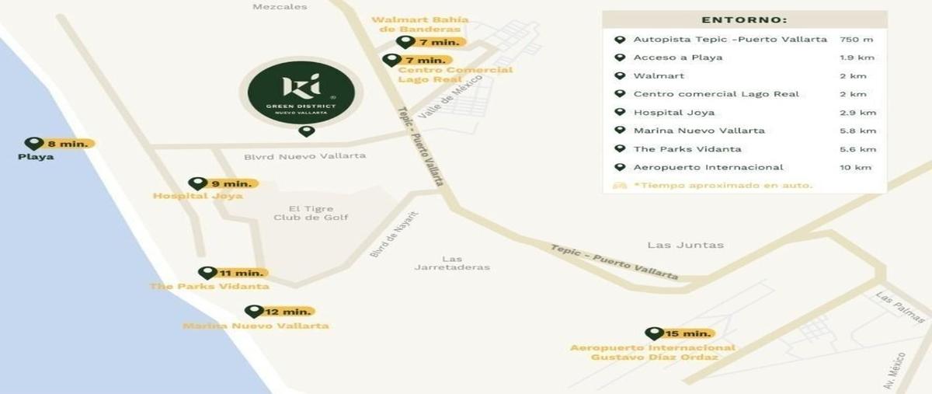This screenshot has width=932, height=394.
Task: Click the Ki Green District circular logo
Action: [301, 91]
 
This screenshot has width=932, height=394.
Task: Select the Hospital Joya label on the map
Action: [187, 196]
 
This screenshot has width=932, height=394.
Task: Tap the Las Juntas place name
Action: [685, 245]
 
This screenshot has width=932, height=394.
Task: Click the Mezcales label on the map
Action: [280, 7]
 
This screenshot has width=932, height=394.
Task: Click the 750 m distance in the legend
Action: [857, 40]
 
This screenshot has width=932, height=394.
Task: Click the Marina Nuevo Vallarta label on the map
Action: [256, 326]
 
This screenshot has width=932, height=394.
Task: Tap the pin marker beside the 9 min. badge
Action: [197, 183]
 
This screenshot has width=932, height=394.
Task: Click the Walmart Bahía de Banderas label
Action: [420, 24]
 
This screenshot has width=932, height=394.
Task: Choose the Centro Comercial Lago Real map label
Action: [455, 75]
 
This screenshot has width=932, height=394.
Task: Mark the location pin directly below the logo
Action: [307, 131]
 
